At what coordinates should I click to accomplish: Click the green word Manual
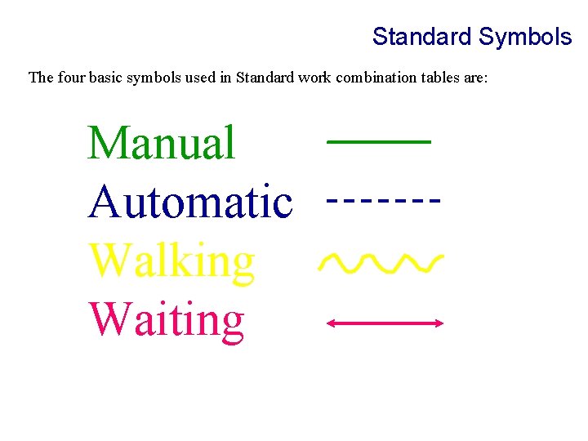162,143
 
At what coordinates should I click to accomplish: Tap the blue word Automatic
190,202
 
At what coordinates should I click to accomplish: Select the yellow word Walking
172,261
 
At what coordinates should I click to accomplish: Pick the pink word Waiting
167,320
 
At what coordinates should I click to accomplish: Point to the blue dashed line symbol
384,198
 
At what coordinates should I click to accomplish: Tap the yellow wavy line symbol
381,262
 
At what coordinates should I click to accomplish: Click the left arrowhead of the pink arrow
330,323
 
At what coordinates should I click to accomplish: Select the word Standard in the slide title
421,37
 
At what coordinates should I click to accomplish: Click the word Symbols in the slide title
525,37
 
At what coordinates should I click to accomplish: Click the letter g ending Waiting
232,323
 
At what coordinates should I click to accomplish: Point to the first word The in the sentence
40,78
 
